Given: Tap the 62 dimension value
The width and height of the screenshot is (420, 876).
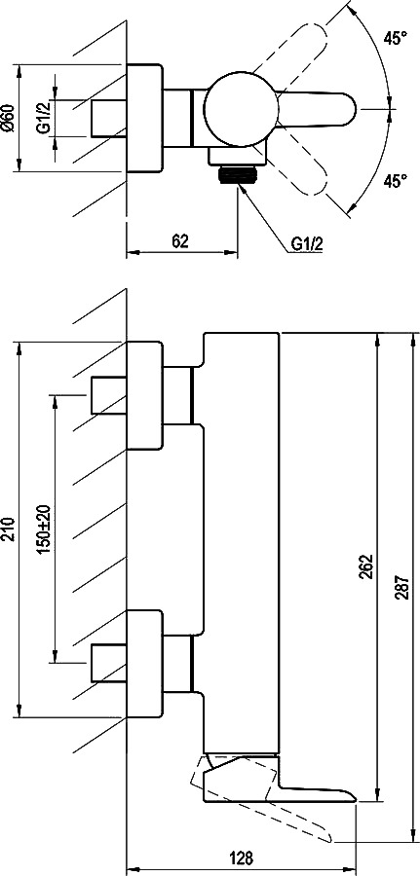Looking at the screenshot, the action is click(179, 241).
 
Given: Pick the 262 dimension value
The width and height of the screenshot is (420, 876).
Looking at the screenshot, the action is click(366, 567).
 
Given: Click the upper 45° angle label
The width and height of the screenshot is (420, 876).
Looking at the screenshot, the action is click(395, 39).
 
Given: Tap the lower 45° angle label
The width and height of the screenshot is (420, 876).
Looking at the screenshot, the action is click(395, 181).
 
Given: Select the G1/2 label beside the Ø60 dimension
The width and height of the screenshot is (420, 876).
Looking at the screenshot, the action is click(44, 119).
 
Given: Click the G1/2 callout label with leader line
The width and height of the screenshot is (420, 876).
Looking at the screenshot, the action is click(307, 244).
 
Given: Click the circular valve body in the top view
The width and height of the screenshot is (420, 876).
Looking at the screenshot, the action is click(241, 109).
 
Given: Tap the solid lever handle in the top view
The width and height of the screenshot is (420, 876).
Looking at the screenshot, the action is click(316, 109).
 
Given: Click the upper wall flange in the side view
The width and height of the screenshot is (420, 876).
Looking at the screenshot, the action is click(145, 395).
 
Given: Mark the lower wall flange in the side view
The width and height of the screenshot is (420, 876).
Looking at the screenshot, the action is click(145, 663).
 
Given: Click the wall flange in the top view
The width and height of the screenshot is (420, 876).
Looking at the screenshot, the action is click(145, 118).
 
